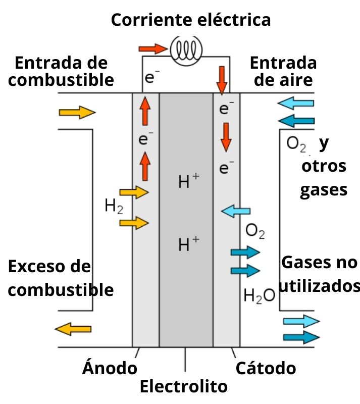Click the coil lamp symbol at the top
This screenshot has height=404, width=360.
[x=187, y=48]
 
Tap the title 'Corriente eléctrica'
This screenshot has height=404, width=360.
[x=190, y=20]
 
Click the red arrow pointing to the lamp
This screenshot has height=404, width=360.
[x=152, y=48]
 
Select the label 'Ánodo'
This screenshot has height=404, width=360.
[x=110, y=368]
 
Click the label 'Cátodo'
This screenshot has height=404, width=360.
[x=266, y=368]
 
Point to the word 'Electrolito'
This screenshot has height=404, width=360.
[x=184, y=387]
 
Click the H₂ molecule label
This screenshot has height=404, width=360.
[x=113, y=206]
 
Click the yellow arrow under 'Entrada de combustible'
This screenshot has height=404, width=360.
[x=77, y=112]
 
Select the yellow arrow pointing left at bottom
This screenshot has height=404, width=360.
[x=73, y=329]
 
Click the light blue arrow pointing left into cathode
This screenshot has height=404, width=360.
[x=236, y=212]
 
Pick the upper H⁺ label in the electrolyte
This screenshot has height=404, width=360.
[x=188, y=181]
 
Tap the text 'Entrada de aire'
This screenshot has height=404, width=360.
[x=283, y=71]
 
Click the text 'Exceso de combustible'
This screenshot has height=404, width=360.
[x=61, y=278]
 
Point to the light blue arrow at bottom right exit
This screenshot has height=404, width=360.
[x=301, y=322]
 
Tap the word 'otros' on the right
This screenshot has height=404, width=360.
[x=324, y=166]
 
